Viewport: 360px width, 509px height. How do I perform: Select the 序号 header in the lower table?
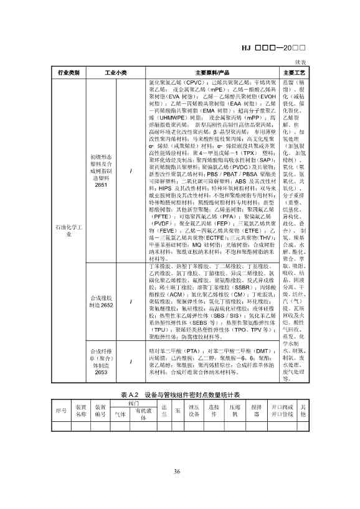point(61,411)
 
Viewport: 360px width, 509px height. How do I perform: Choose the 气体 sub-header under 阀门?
point(120,414)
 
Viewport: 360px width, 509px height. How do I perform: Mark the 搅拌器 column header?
point(267,411)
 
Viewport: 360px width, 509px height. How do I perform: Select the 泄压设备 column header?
point(194,411)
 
